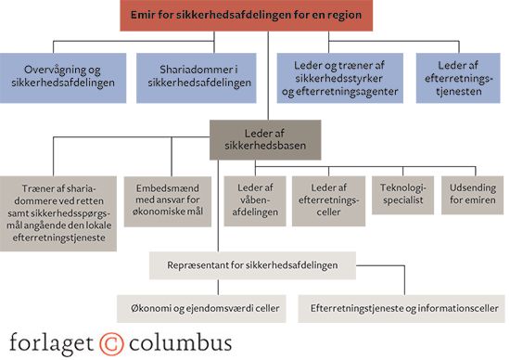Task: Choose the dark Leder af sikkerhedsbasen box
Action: click(x=265, y=139)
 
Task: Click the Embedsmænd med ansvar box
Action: click(x=168, y=200)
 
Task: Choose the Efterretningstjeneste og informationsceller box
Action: click(x=402, y=309)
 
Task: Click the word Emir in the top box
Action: click(x=150, y=16)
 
